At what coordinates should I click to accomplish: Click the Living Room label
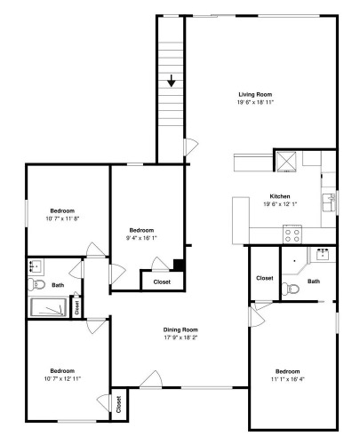coord(255,94)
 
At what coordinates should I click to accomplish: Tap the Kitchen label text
coord(280,196)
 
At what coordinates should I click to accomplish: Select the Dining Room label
coord(180,329)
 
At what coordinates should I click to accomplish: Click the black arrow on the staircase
coord(172,81)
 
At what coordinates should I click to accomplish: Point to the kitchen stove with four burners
coord(292,234)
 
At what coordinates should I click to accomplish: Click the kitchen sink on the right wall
coord(329,202)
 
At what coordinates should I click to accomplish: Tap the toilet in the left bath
coord(36,284)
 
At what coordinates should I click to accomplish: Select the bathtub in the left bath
coord(49,307)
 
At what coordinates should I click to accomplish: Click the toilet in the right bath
coord(291,289)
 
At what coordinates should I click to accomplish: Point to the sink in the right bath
coord(322,255)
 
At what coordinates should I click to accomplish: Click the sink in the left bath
coord(36,266)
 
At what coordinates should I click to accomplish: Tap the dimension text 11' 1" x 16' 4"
coord(287,379)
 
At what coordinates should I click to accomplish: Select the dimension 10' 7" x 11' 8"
coord(62,218)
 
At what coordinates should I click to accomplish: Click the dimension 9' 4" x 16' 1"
coord(141,238)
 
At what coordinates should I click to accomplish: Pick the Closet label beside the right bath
coord(265,278)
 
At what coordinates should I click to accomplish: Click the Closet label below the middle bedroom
coord(162,282)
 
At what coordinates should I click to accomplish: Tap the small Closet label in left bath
coord(77,307)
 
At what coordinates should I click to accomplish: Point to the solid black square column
coord(179,265)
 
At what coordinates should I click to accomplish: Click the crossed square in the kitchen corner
coord(286,162)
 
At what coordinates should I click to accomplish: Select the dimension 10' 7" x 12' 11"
coord(62,378)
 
